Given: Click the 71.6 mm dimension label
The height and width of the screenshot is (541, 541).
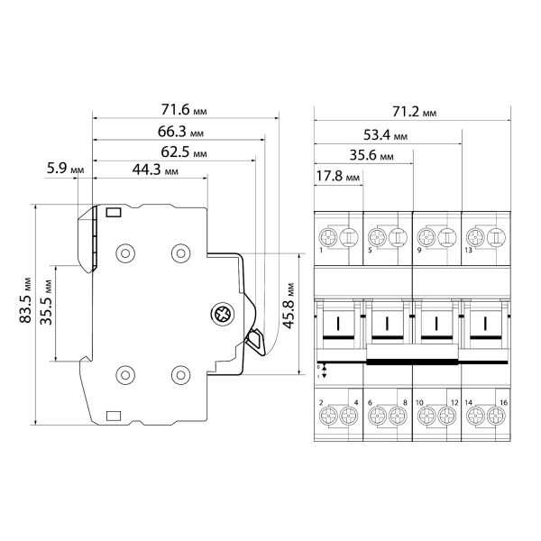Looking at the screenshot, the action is pos(184,110).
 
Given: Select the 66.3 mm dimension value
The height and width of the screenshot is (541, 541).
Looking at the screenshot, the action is pos(180,132).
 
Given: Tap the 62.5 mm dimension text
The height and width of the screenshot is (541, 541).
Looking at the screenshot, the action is pos(184,151).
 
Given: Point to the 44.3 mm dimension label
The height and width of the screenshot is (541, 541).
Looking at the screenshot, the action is pos(155,170).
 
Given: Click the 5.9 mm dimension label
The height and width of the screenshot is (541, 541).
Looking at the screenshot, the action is pos(66,169).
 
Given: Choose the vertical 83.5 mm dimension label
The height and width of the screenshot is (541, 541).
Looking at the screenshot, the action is pos(25,300).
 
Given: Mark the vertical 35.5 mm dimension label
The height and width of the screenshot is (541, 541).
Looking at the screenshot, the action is pos(46,302).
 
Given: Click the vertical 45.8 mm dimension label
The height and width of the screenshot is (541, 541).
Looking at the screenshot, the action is pos(289,306).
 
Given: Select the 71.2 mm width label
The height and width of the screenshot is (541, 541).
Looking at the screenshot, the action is pos(415,112).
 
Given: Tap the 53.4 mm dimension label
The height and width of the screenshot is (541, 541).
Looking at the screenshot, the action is pos(385,135).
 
